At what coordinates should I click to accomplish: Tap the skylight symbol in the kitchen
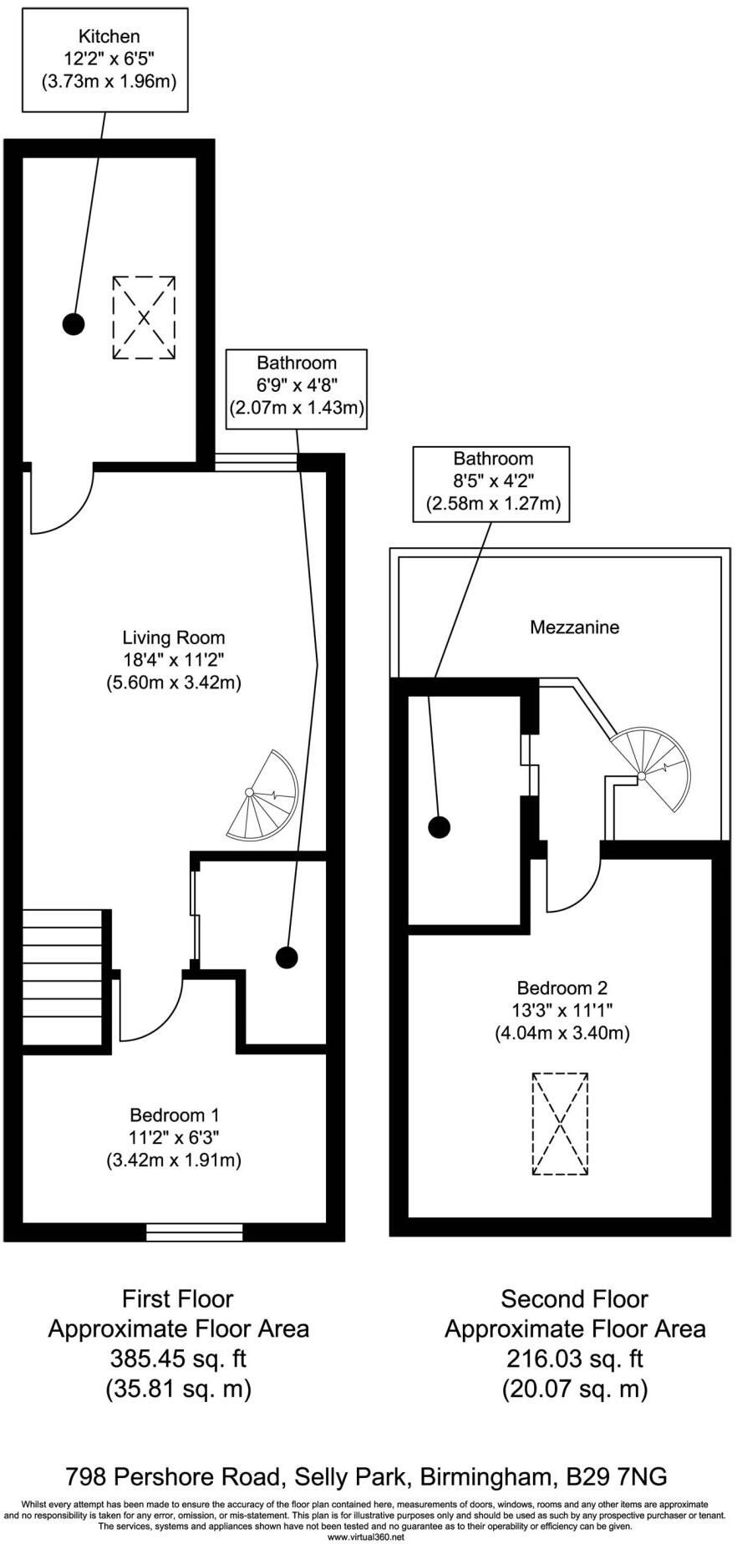[x=144, y=317]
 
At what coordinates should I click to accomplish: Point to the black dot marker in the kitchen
[x=74, y=323]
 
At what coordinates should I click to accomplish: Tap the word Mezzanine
[x=575, y=627]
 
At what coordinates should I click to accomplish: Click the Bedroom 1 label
[x=174, y=1115]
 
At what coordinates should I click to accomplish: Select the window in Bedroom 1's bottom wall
[x=194, y=1232]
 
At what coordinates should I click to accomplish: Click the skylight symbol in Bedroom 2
[x=560, y=1124]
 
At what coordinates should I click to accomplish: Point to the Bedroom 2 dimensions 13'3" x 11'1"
[x=562, y=1010]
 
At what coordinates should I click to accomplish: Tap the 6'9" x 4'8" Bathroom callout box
[x=297, y=389]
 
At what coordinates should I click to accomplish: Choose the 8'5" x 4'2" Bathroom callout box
[x=492, y=484]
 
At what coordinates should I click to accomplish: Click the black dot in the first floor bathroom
[x=287, y=957]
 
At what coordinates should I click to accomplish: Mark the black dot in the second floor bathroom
[x=439, y=827]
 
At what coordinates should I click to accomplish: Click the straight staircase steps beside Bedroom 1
[x=63, y=978]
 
